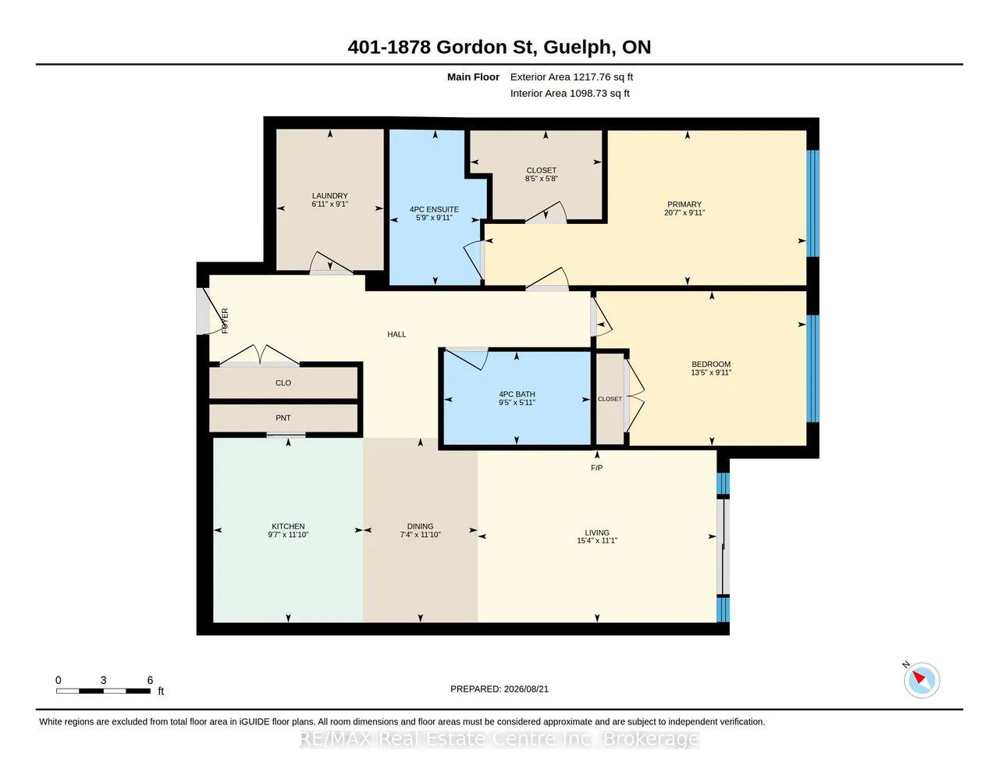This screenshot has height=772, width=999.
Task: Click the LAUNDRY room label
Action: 329,195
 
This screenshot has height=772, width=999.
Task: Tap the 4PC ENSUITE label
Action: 434,209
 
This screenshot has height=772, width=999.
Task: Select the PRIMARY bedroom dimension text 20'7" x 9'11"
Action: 684,212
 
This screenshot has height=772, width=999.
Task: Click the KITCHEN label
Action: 288,526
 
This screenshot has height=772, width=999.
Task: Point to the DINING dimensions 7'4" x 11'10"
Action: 420,534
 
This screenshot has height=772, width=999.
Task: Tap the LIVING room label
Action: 597,532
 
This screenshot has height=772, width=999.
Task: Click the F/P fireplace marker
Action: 596,468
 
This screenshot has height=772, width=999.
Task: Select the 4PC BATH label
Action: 517,394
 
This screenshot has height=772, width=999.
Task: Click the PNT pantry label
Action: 283,418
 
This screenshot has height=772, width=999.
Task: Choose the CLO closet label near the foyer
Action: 283,382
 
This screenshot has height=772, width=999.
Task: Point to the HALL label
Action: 396,334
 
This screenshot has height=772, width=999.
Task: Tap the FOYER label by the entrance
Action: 225,321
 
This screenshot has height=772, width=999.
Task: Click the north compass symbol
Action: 921,681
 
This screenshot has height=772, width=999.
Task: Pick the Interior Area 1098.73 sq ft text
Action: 570,94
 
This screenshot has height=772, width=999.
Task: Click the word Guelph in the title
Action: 579,48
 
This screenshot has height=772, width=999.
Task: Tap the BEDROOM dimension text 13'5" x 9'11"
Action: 711,372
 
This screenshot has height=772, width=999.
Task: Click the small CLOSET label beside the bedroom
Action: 610,399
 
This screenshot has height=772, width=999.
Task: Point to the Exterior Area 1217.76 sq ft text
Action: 571,77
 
